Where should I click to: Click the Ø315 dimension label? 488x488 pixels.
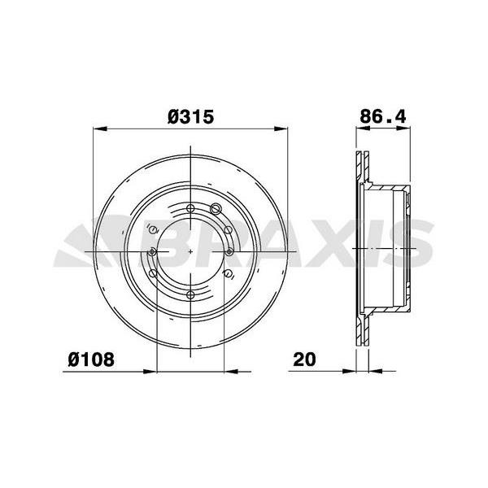tap(191, 117)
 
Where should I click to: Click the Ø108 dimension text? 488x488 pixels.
tap(91, 359)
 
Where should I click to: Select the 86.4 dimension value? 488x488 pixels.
tap(383, 116)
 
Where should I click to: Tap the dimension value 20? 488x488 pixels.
tap(304, 359)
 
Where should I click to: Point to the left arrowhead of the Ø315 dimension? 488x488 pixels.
tap(100, 129)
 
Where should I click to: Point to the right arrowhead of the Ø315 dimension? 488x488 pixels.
tap(281, 129)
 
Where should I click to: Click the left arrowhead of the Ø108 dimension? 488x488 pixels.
tap(150, 372)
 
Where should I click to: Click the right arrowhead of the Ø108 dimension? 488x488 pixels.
tap(231, 372)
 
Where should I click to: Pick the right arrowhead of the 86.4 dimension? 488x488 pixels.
tap(403, 129)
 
